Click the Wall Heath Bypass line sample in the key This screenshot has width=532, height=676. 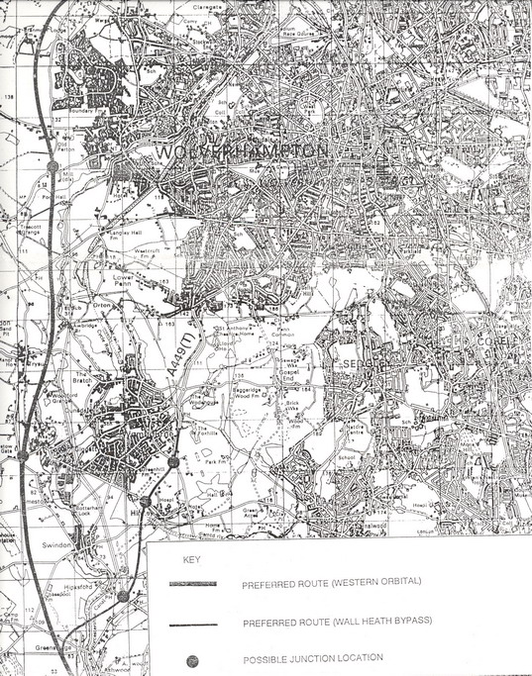pyautogui.click(x=191, y=625)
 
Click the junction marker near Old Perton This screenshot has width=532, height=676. pyautogui.click(x=51, y=164)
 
